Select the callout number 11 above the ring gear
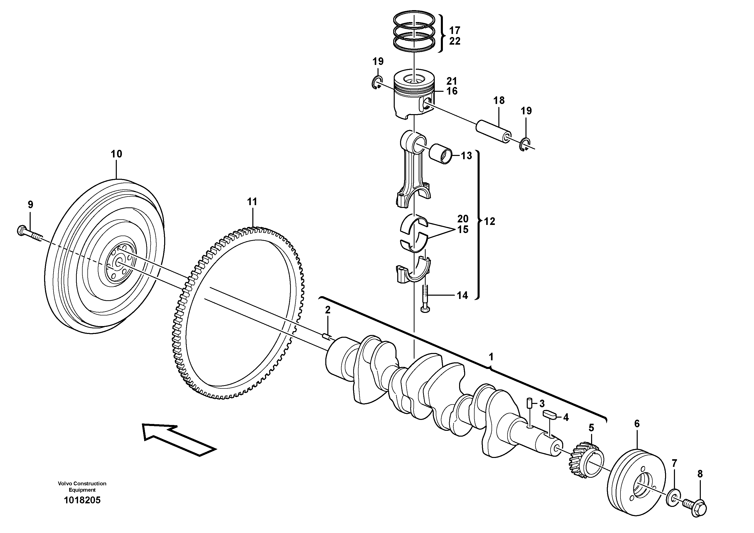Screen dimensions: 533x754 click(x=252, y=202)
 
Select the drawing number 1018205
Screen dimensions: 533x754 click(x=82, y=501)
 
